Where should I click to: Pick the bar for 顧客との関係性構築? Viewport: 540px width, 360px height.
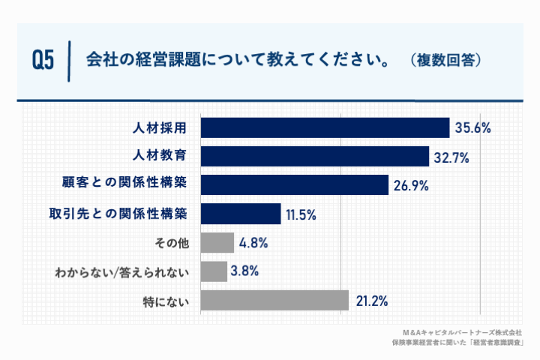(295, 185)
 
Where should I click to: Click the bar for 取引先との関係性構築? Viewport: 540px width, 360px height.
(241, 214)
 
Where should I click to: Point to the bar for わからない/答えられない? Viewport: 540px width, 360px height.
(214, 271)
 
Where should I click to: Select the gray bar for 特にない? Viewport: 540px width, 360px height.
(275, 301)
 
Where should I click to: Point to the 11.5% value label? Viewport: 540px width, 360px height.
(301, 215)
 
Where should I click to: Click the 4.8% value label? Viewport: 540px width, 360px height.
(253, 244)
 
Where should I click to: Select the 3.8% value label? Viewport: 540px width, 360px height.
(246, 272)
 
